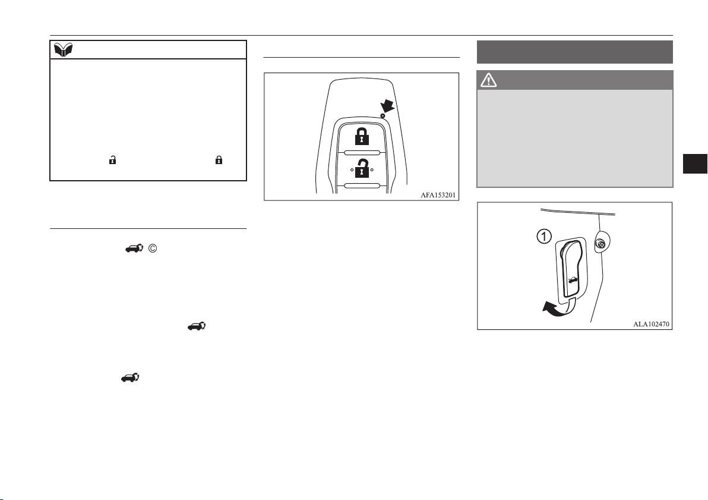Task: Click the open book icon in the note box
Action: (63, 50)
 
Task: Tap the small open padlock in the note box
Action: (112, 159)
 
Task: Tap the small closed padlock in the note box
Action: (219, 159)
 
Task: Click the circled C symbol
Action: (153, 248)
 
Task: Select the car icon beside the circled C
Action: (134, 248)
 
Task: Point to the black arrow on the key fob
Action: (387, 106)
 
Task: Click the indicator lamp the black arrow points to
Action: (383, 116)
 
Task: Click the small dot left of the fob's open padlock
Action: (352, 170)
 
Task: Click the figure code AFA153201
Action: (438, 195)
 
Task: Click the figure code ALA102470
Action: (651, 324)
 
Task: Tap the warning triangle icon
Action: (489, 80)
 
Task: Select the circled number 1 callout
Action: (544, 236)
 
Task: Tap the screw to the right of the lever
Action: (600, 244)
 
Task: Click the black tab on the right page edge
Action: (695, 163)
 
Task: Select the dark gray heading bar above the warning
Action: (575, 52)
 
